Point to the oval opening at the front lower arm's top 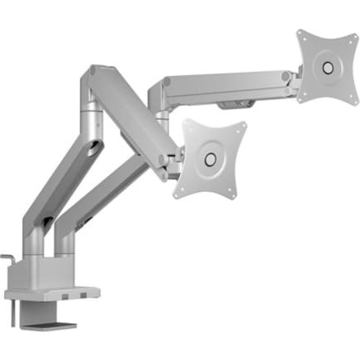(94, 149)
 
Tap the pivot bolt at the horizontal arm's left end (167, 81)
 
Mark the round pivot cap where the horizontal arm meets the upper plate (286, 76)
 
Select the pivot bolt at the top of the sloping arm (93, 70)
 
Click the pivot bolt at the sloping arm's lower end (161, 159)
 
